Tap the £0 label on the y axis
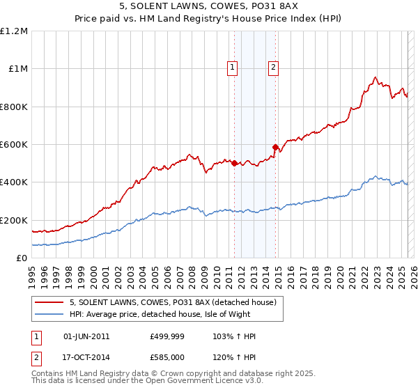22,258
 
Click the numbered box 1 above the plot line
231,68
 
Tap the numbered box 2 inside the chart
273,68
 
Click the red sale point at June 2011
234,164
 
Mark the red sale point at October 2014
276,147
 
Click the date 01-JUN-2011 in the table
86,336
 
